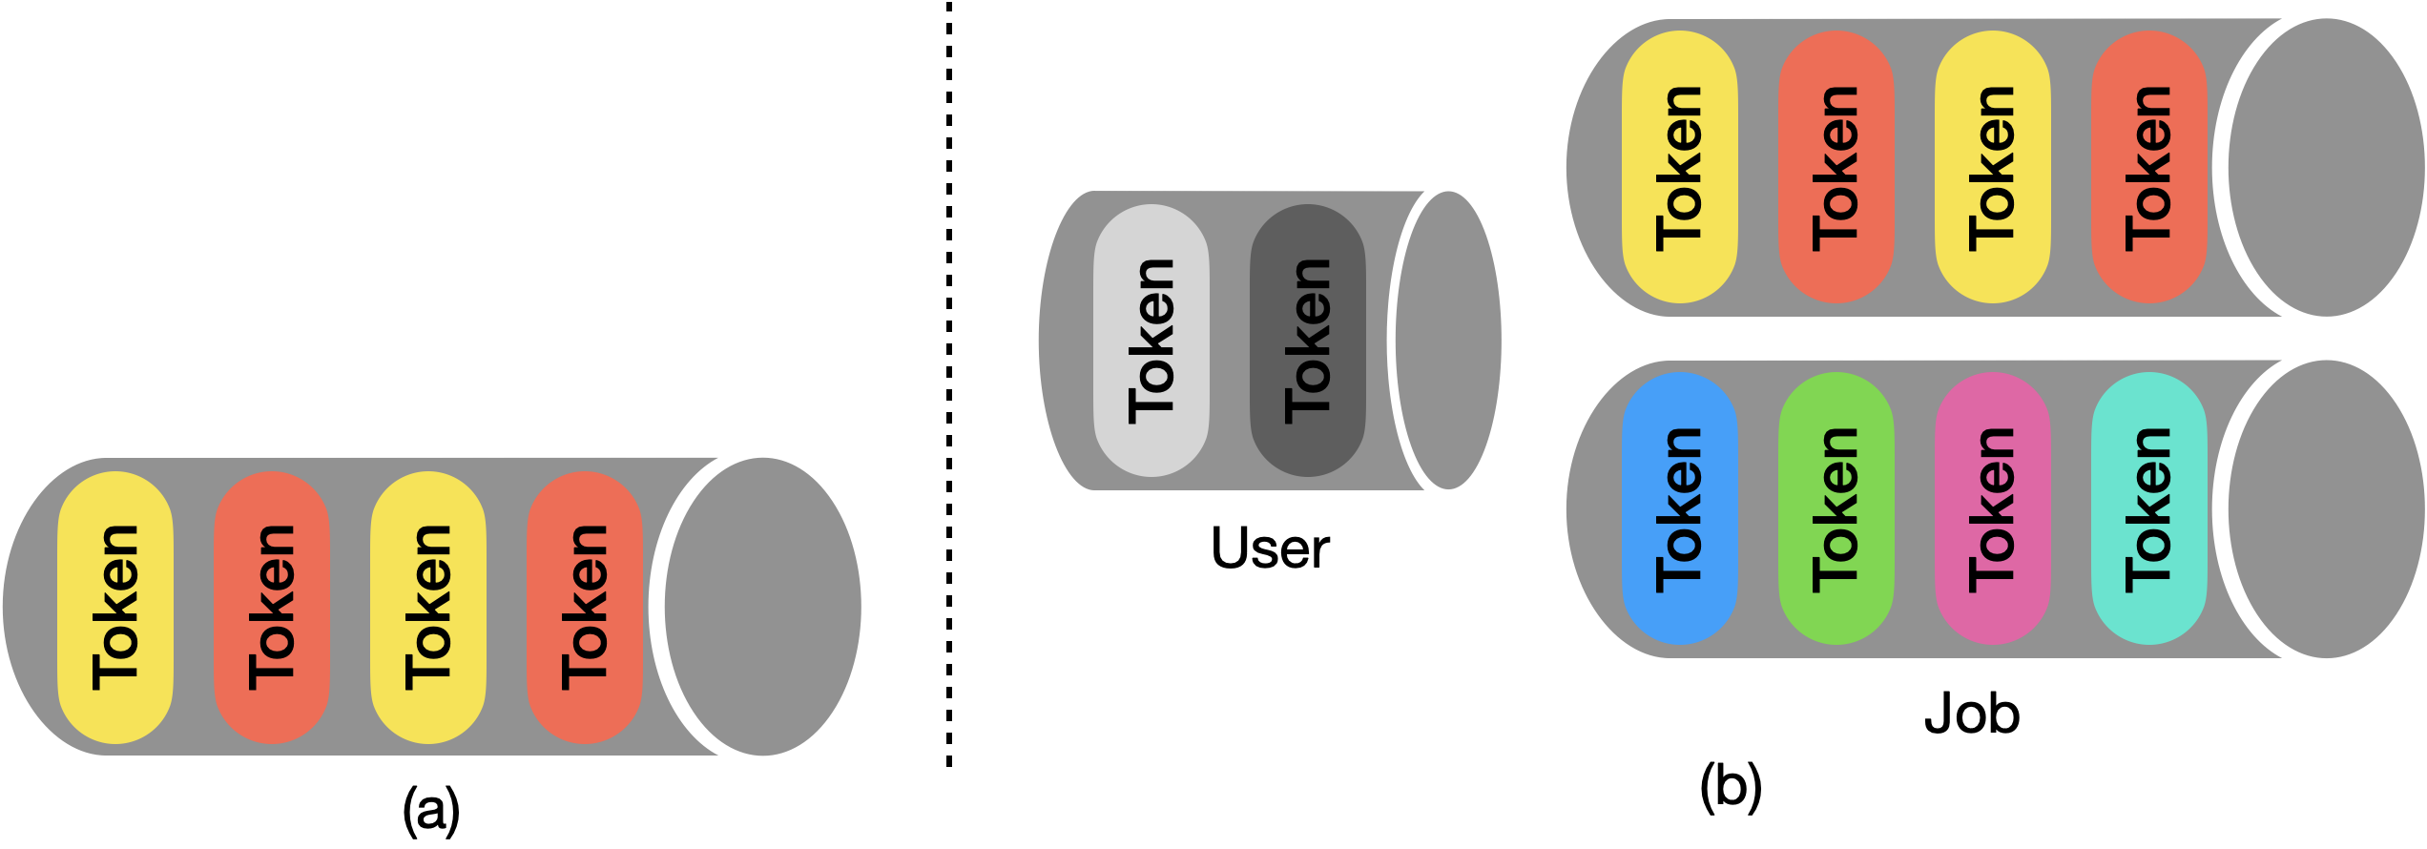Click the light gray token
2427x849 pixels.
pyautogui.click(x=1151, y=341)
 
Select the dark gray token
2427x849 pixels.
pyautogui.click(x=1308, y=341)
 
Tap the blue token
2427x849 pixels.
pyautogui.click(x=1680, y=508)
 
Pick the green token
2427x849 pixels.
pyautogui.click(x=1836, y=508)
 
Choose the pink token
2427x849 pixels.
pyautogui.click(x=1993, y=508)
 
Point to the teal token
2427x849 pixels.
pyautogui.click(x=2149, y=508)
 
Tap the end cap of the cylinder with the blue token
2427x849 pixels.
pyautogui.click(x=2326, y=508)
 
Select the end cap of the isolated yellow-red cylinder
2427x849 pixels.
pyautogui.click(x=762, y=607)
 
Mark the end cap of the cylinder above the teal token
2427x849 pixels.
pyautogui.click(x=2326, y=167)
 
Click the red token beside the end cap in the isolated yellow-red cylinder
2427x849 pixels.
pyautogui.click(x=585, y=608)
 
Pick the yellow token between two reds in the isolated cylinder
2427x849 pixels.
pyautogui.click(x=428, y=608)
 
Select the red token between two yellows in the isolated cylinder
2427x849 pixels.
pyautogui.click(x=272, y=608)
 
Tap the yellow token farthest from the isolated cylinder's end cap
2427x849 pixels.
pyautogui.click(x=115, y=608)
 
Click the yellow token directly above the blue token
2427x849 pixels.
pyautogui.click(x=1680, y=167)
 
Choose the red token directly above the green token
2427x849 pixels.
pyautogui.click(x=1836, y=167)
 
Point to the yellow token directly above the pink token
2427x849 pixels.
pyautogui.click(x=1993, y=167)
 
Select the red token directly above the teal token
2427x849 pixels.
pyautogui.click(x=2149, y=167)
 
